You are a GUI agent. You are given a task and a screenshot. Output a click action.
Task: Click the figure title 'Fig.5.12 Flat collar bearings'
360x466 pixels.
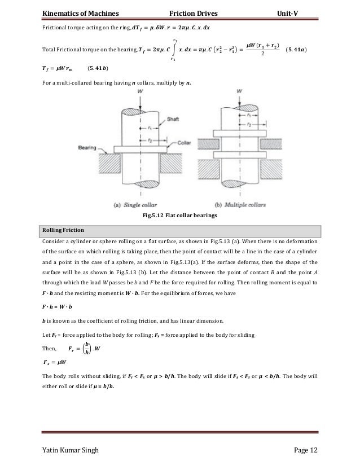pos(179,215)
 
